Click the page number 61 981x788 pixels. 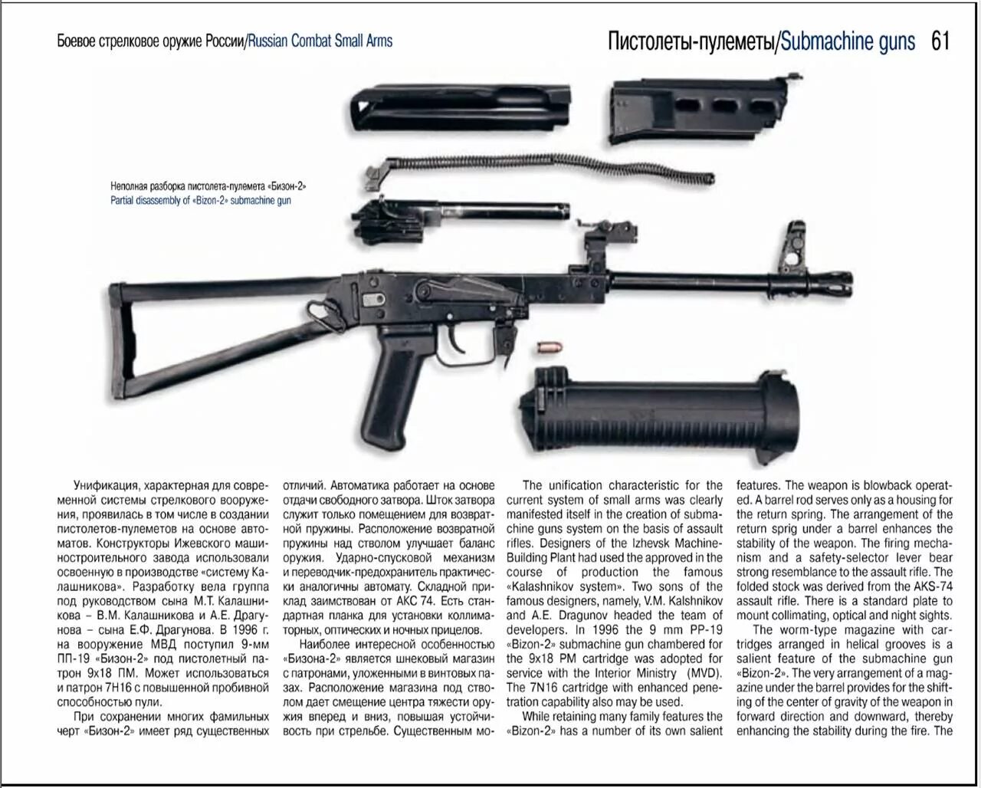click(x=940, y=41)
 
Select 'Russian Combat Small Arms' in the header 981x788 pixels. click(x=320, y=41)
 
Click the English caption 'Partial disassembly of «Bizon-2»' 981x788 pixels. click(x=201, y=200)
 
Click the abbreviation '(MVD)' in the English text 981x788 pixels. click(x=703, y=673)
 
